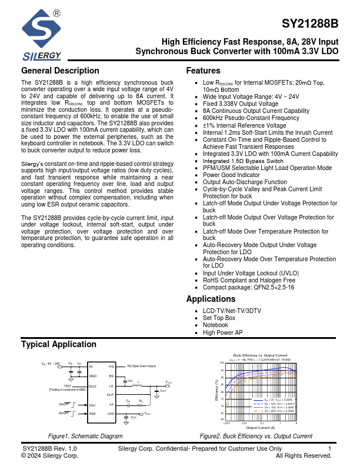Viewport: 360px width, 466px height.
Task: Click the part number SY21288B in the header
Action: point(310,24)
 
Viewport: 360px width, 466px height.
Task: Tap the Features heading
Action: point(203,71)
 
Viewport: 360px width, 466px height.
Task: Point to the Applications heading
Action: point(211,299)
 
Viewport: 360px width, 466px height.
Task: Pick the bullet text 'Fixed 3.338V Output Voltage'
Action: point(241,104)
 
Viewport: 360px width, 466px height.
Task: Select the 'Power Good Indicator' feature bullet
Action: point(231,175)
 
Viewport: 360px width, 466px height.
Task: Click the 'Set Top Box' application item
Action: point(219,318)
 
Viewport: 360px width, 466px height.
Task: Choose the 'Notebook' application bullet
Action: point(215,325)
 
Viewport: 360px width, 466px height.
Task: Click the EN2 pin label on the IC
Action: point(92,414)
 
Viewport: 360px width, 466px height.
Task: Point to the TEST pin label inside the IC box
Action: point(92,387)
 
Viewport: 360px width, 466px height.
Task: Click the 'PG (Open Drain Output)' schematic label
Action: point(142,367)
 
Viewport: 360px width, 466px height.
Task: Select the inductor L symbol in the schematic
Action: point(139,386)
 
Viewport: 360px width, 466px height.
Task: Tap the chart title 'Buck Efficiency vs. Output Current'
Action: point(261,355)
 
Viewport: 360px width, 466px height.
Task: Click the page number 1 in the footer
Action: point(330,449)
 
